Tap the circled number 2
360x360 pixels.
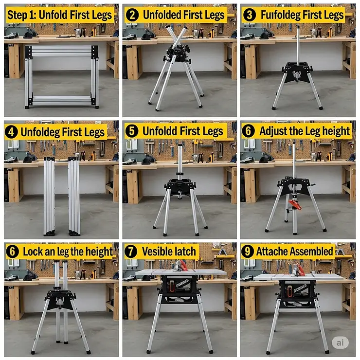[x=132, y=15]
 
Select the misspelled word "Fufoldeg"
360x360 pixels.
[x=280, y=15]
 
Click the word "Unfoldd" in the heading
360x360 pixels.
[x=160, y=131]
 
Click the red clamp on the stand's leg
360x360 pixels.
[x=295, y=205]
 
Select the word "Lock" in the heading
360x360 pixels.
[x=33, y=252]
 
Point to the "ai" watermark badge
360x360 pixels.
[x=340, y=342]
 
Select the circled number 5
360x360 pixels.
[x=131, y=131]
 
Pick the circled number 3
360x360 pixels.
[x=250, y=15]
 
